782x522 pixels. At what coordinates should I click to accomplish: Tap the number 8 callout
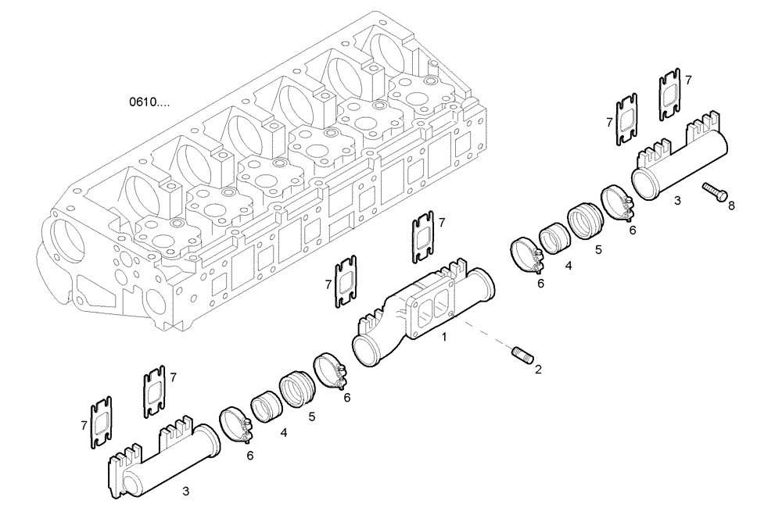[x=732, y=206]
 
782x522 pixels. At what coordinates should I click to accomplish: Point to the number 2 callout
[x=538, y=370]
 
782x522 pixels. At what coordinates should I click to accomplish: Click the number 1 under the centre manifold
[x=444, y=337]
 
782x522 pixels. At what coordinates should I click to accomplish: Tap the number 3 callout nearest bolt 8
[x=677, y=201]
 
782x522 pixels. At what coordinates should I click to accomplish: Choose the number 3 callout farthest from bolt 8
[x=185, y=491]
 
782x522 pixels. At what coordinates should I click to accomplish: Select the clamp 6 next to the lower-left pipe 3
[x=235, y=424]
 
